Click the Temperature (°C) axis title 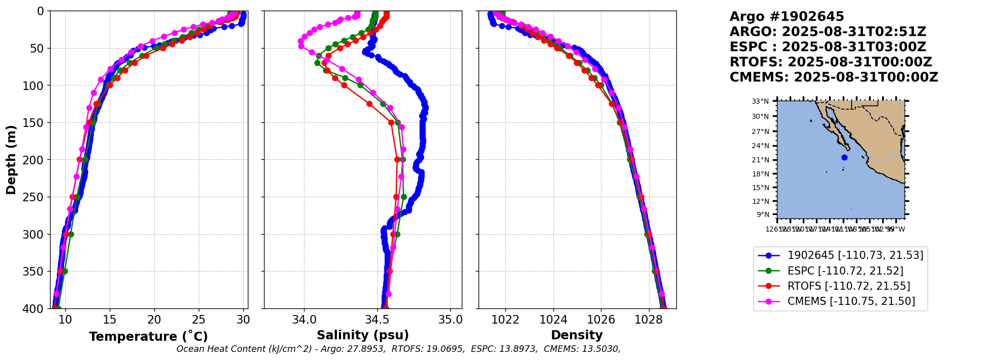point(148,337)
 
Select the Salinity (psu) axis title point(363,335)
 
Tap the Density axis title point(577,335)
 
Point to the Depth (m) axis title point(11,160)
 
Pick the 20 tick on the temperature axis point(154,320)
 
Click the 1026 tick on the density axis point(601,320)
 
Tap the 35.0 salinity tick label point(450,320)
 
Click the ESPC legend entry point(845,271)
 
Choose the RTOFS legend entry point(848,286)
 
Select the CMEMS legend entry point(851,301)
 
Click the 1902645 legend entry point(855,255)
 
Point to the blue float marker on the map point(844,158)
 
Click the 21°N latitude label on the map point(760,160)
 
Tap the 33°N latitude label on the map point(760,102)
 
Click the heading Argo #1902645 point(787,17)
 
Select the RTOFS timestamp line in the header point(831,62)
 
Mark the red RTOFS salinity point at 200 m point(397,160)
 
